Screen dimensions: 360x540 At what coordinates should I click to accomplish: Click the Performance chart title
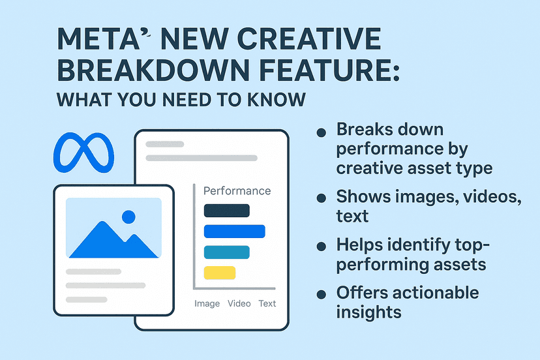pyautogui.click(x=237, y=191)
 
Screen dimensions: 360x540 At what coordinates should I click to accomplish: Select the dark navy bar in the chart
pyautogui.click(x=226, y=210)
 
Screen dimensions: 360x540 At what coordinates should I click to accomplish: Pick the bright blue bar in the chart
pyautogui.click(x=234, y=231)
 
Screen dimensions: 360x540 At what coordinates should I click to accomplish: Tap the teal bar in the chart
pyautogui.click(x=226, y=252)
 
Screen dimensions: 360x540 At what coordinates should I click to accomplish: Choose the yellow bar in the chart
pyautogui.click(x=220, y=273)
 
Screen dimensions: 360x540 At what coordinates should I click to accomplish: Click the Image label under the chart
pyautogui.click(x=207, y=303)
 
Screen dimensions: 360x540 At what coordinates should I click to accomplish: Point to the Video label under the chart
pyautogui.click(x=239, y=303)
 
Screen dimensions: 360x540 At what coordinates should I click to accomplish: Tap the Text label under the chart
pyautogui.click(x=267, y=303)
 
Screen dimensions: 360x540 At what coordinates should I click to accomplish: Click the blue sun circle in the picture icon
pyautogui.click(x=128, y=217)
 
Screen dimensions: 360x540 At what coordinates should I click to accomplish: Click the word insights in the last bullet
pyautogui.click(x=368, y=312)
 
